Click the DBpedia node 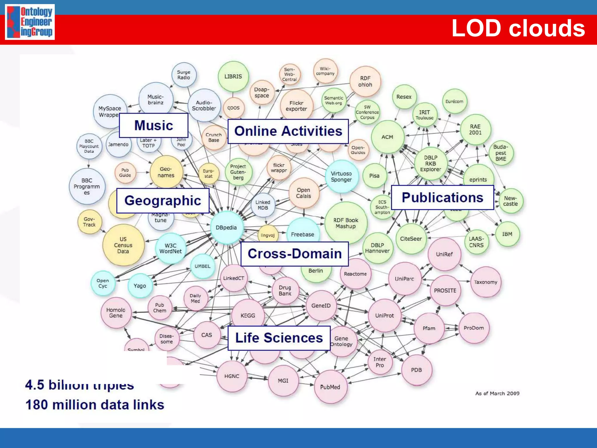tap(226, 228)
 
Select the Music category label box tap(154, 125)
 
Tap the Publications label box tap(442, 197)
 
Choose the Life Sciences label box tap(279, 338)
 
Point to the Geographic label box tap(163, 201)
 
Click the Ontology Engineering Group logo tap(30, 22)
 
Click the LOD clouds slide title tap(518, 28)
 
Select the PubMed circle tap(330, 387)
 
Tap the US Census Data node tap(123, 245)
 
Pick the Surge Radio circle tap(184, 75)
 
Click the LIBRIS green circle tap(233, 76)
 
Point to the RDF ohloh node tap(365, 81)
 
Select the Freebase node tap(303, 234)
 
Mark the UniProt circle tap(384, 316)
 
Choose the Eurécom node tap(454, 101)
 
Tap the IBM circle tap(507, 234)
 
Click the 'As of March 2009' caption tap(497, 393)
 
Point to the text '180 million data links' tap(95, 405)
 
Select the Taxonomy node tap(486, 282)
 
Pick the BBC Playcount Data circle tap(89, 146)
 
